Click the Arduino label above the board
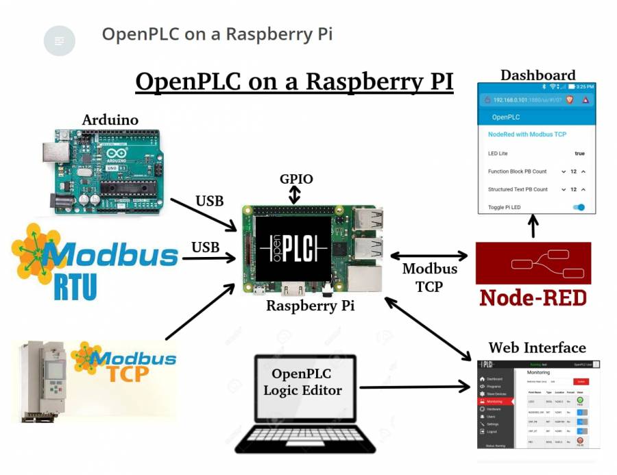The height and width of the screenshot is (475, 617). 110,120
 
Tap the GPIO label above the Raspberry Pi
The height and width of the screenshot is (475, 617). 296,179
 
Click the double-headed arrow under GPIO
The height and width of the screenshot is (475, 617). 295,195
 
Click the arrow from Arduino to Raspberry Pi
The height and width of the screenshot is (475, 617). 203,214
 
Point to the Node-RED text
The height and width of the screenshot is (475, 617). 533,297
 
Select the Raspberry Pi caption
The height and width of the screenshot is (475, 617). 311,306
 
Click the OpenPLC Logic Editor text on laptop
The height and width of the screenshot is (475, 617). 302,382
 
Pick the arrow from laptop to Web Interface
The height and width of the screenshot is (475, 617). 415,387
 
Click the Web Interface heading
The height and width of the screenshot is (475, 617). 537,348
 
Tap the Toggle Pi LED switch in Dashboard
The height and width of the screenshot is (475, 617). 579,207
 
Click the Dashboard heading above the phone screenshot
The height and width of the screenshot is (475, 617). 537,75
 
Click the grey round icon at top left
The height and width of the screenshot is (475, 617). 60,41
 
